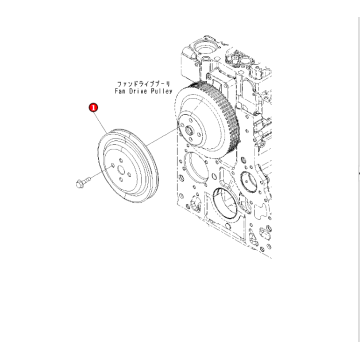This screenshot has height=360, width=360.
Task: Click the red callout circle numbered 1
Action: pos(93,102)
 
